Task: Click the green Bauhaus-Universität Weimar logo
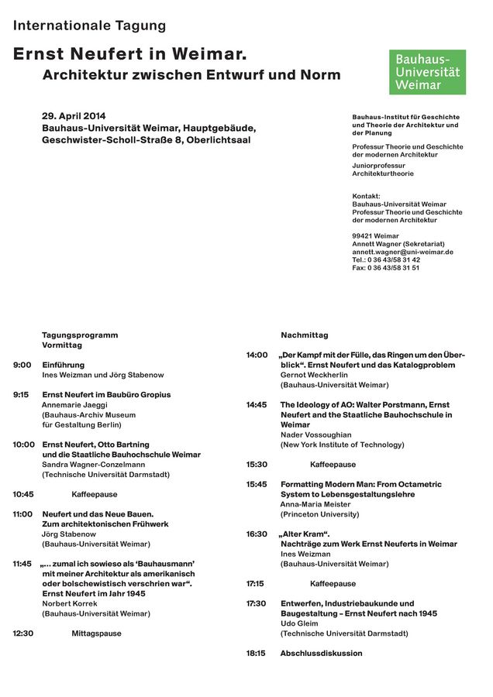pos(427,72)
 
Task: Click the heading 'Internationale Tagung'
pos(89,26)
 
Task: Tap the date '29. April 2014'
pos(74,116)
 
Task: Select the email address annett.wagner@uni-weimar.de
pos(402,252)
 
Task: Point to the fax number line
pos(385,268)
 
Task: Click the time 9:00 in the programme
pos(22,365)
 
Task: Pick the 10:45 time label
pos(22,494)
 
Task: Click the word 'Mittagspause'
pos(96,633)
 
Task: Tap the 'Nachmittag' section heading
pos(304,335)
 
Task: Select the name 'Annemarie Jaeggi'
pos(74,405)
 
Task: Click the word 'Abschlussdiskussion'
pos(321,654)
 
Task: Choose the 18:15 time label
pos(256,654)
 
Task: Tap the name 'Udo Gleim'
pos(298,623)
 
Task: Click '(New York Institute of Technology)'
pos(342,445)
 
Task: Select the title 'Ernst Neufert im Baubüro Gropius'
pos(106,395)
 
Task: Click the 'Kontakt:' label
pos(366,196)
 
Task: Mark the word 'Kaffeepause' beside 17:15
pos(333,584)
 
